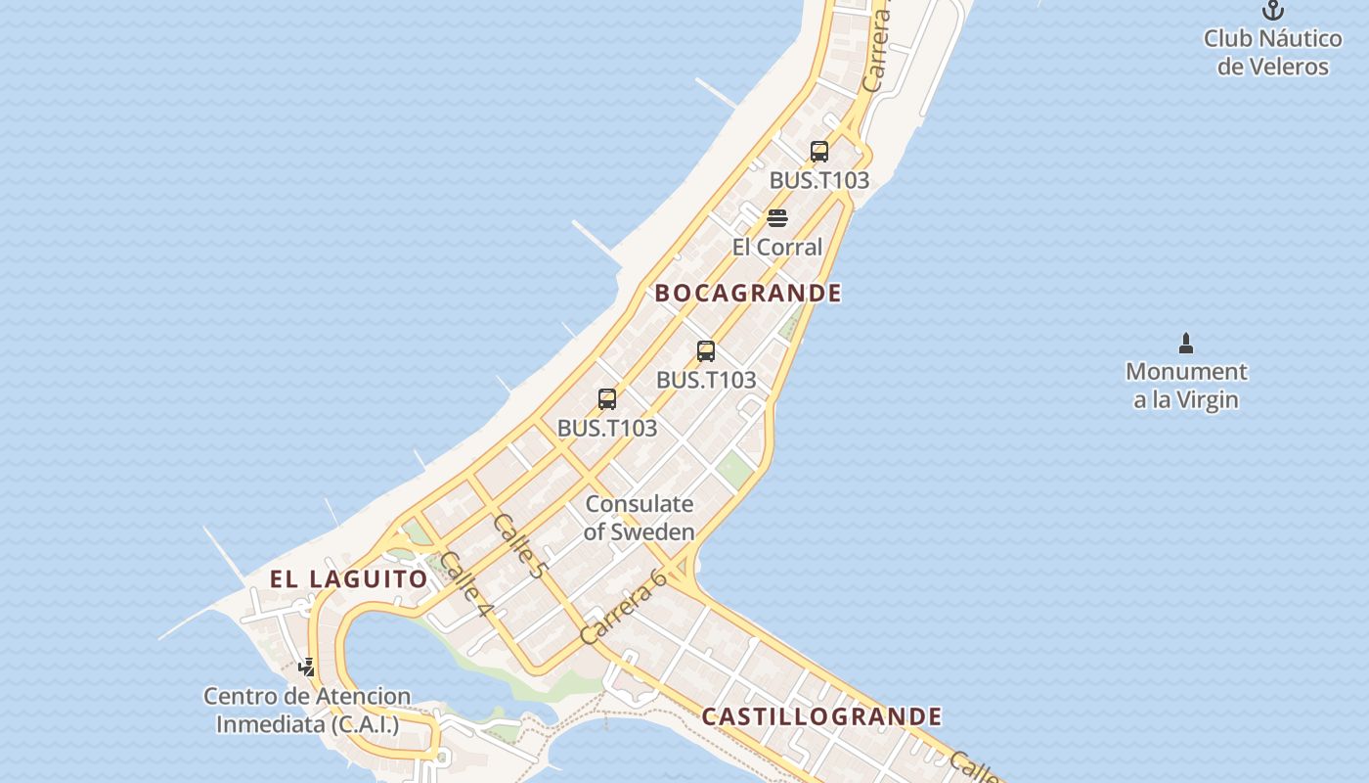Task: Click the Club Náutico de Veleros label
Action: click(x=1272, y=53)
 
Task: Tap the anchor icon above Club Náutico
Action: click(x=1272, y=11)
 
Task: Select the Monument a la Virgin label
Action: click(x=1186, y=386)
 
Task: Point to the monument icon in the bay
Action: click(x=1186, y=344)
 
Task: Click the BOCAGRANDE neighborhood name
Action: click(x=748, y=293)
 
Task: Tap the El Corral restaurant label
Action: click(x=777, y=247)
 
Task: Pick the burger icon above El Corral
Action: click(x=777, y=217)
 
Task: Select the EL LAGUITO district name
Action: click(x=349, y=578)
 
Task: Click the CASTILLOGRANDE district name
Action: click(x=821, y=716)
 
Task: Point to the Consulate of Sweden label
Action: click(x=640, y=518)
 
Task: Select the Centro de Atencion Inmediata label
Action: click(x=307, y=711)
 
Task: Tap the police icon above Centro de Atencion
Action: click(x=307, y=668)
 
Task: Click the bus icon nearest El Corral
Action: click(x=819, y=152)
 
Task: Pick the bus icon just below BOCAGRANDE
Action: click(x=706, y=351)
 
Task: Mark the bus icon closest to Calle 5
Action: click(x=607, y=399)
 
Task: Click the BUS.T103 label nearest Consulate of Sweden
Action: click(x=607, y=428)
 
